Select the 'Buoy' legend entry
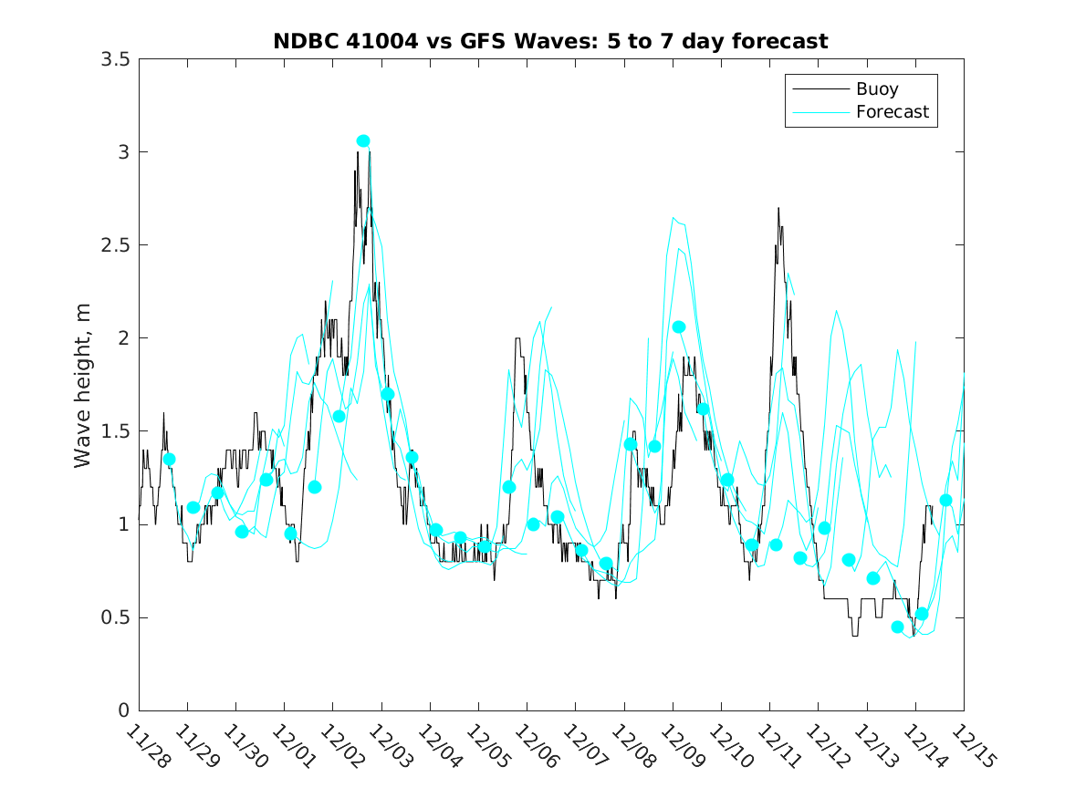[x=876, y=89]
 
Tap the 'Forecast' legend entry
[x=892, y=112]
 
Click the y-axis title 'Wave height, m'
[x=83, y=384]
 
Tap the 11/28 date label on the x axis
[x=148, y=747]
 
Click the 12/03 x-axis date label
[x=391, y=747]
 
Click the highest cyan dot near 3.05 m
[x=363, y=140]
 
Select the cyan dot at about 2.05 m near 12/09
[x=679, y=326]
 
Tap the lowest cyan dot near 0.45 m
[x=897, y=627]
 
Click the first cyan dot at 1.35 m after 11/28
[x=169, y=459]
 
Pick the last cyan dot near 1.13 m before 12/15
[x=945, y=500]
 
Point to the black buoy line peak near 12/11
[x=778, y=208]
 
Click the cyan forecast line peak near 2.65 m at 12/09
[x=673, y=217]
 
